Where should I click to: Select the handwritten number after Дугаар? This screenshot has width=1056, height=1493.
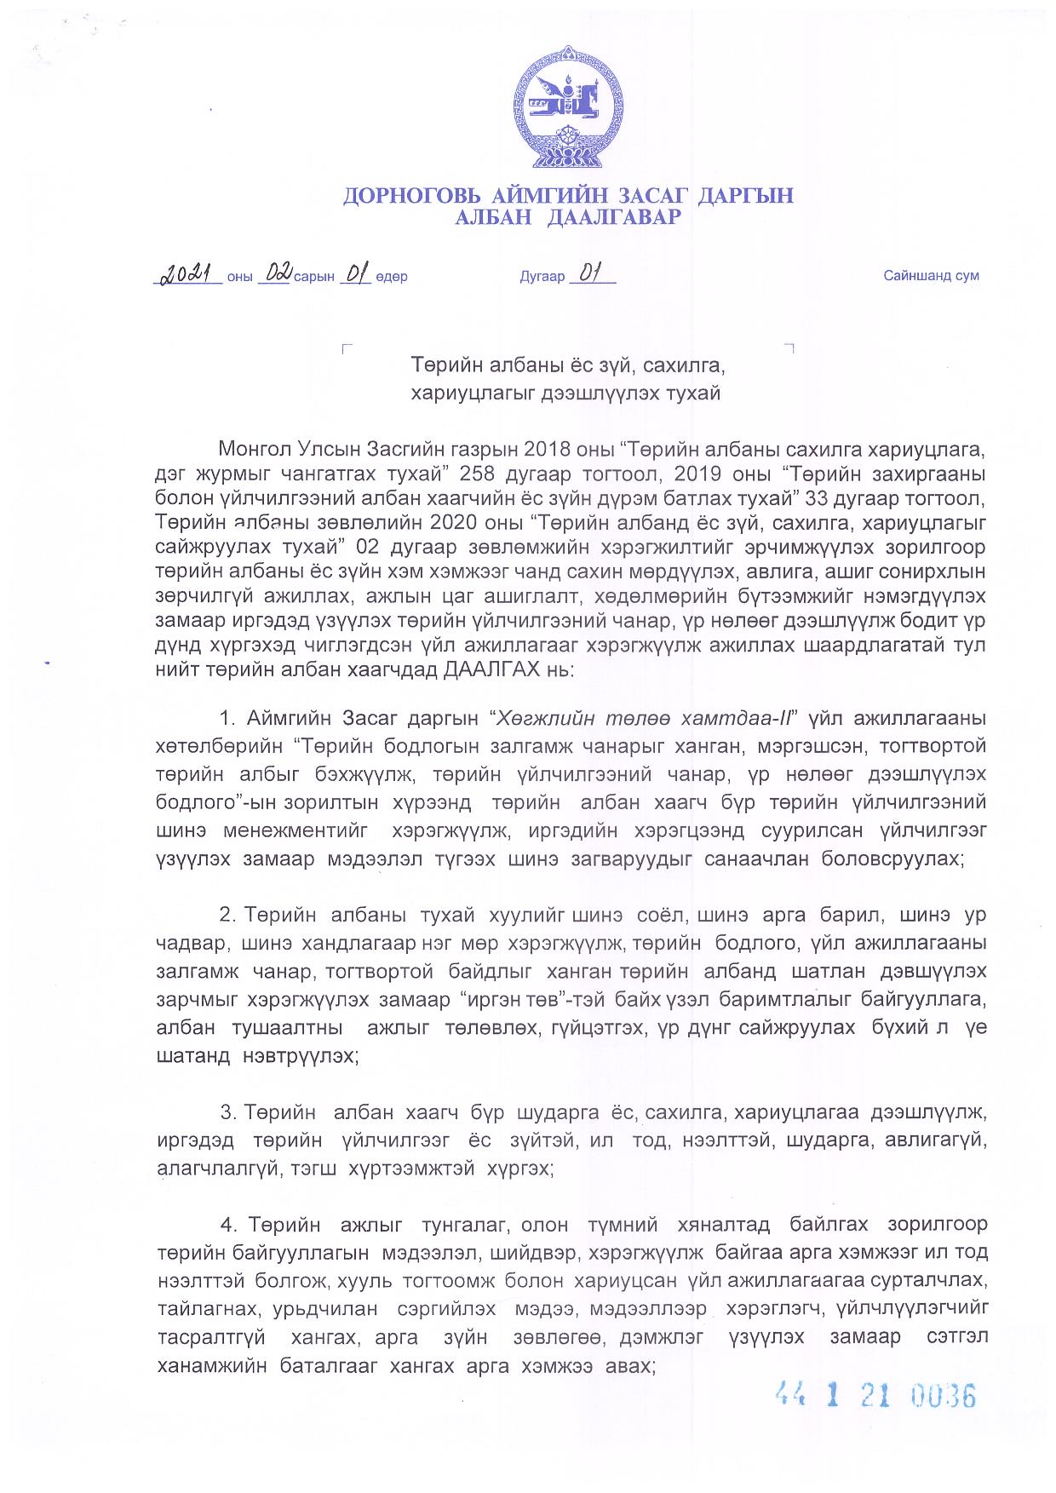coord(591,274)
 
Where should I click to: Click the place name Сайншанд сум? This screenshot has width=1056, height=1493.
coord(931,276)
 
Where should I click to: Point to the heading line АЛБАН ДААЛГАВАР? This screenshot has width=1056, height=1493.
coord(568,218)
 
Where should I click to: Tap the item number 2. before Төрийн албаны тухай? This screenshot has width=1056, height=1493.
coord(227,915)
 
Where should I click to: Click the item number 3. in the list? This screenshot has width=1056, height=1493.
coord(227,1112)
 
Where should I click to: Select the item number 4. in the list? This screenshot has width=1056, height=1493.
coord(228,1225)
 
